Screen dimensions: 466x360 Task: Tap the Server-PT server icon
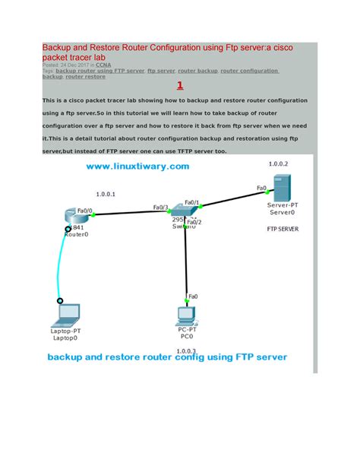279,187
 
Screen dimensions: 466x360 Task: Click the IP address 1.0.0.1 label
106,193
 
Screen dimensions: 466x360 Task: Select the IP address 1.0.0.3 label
186,350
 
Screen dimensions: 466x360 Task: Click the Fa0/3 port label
160,207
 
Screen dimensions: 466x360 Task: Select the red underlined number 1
179,86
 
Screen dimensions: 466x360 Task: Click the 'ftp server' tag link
160,71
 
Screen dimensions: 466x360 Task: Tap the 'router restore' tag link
86,77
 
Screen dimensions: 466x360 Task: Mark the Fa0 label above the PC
193,296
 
